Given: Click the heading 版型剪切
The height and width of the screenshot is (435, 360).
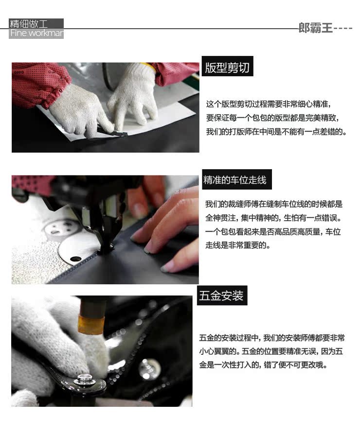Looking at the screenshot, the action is (227, 68).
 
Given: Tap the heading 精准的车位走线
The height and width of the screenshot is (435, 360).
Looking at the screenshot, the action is (235, 180).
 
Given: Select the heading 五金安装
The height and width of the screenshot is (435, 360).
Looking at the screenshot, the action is (221, 296).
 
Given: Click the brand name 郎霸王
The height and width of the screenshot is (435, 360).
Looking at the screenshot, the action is (315, 28).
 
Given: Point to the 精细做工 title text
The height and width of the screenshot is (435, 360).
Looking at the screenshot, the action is (29, 23).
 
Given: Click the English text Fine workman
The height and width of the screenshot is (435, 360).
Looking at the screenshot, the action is (36, 33).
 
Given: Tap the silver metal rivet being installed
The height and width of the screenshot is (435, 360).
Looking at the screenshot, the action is (87, 379).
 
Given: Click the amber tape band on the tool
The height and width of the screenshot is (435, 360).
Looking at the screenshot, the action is (91, 324).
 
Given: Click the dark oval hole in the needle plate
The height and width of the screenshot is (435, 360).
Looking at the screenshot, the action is (75, 259).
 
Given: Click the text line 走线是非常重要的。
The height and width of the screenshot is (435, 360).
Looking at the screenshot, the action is (237, 245).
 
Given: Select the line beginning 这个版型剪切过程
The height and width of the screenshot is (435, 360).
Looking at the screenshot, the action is (269, 104).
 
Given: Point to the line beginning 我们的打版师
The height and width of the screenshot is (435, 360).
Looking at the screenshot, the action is (276, 132).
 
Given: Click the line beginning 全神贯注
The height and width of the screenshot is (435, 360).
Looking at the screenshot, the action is (273, 218).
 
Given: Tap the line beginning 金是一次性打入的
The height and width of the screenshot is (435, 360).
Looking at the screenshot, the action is (263, 365).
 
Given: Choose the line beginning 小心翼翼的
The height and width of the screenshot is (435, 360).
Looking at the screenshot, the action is (271, 351).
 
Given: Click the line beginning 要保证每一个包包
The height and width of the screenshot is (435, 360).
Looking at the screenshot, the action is (272, 118).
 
